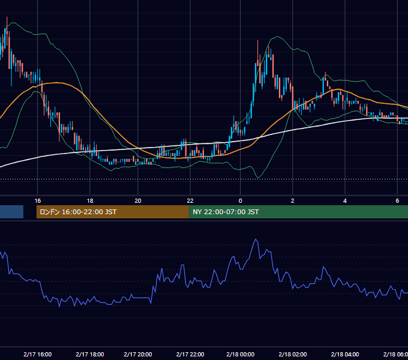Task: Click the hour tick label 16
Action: point(38,201)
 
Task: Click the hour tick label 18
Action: point(90,201)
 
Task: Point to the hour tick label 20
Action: point(138,201)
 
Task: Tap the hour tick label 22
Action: point(190,201)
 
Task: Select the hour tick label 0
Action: point(241,201)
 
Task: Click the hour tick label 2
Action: point(293,201)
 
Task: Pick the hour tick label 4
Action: point(345,201)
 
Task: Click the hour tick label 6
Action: point(397,201)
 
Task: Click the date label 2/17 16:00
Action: point(37,354)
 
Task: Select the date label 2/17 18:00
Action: point(90,354)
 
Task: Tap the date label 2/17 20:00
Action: point(138,354)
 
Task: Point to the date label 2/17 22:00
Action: point(190,354)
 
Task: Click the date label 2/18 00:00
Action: point(241,354)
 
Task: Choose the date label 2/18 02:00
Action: point(293,354)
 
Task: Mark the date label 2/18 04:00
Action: point(345,354)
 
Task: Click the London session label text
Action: point(78,212)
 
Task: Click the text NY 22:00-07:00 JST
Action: point(226,212)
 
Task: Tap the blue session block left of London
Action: point(11,212)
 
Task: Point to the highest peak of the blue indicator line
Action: point(256,239)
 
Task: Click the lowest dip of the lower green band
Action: point(258,178)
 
